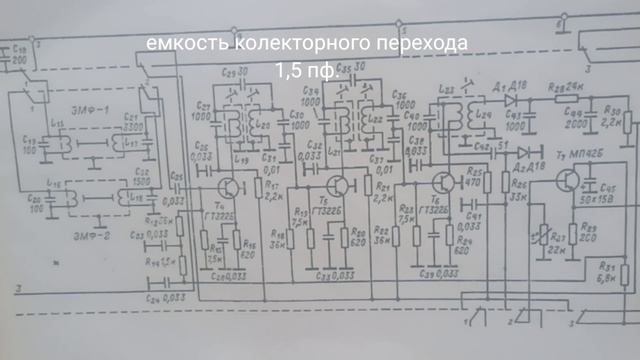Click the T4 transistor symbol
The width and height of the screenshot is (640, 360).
click(231, 187)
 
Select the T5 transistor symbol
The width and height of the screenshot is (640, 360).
click(339, 187)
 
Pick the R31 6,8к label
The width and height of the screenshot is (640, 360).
click(605, 272)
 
